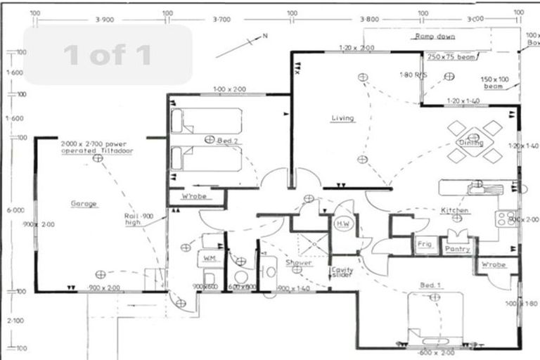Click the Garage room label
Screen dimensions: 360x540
pyautogui.click(x=84, y=204)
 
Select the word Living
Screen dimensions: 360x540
pyautogui.click(x=342, y=118)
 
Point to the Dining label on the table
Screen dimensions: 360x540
pyautogui.click(x=471, y=143)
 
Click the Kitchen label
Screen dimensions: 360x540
pyautogui.click(x=454, y=210)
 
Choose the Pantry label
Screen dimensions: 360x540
pyautogui.click(x=458, y=249)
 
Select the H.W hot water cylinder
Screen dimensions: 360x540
pyautogui.click(x=343, y=224)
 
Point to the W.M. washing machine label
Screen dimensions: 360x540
pyautogui.click(x=210, y=259)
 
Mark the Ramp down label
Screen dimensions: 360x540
pyautogui.click(x=435, y=36)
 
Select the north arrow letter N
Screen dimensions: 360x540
pyautogui.click(x=265, y=35)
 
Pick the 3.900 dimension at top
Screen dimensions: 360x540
pyautogui.click(x=103, y=20)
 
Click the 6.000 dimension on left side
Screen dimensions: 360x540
pyautogui.click(x=15, y=210)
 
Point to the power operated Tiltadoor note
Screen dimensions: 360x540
pyautogui.click(x=96, y=147)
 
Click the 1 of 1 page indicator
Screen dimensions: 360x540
pyautogui.click(x=108, y=55)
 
